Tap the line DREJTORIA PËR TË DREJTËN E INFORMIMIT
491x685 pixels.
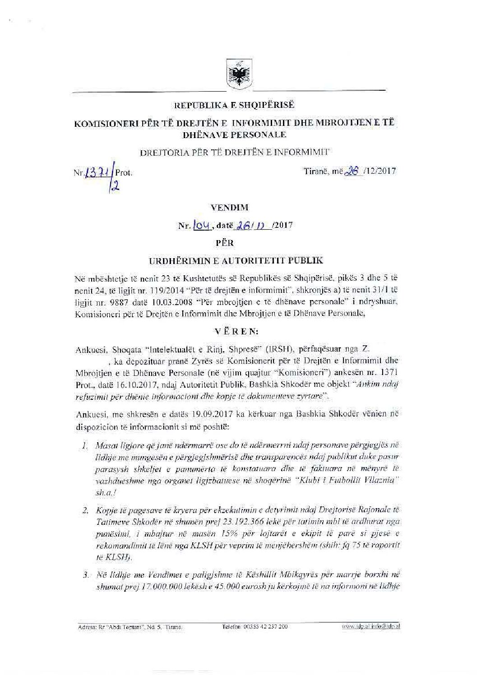click(234, 152)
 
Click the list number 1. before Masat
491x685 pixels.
click(85, 445)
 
